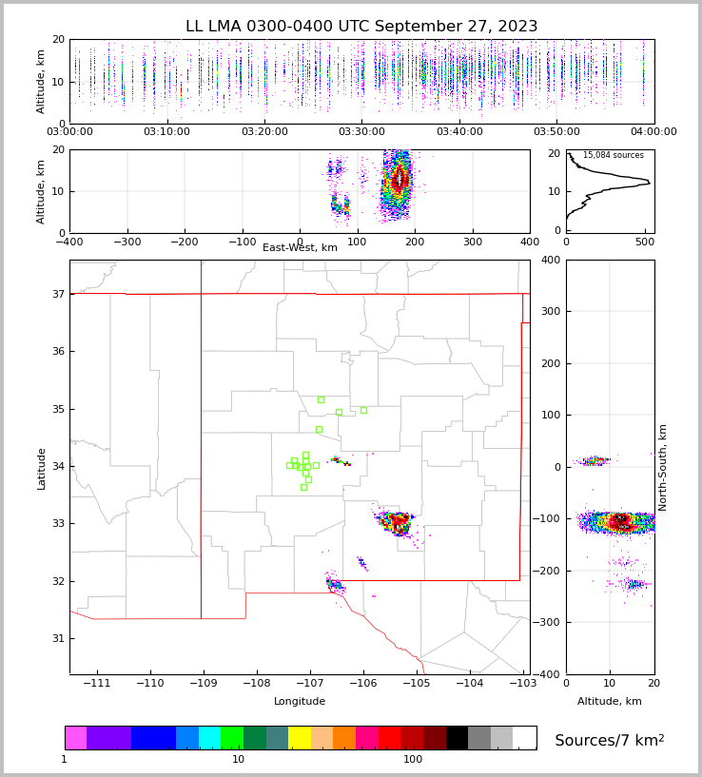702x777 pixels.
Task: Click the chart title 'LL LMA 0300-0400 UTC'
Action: point(361,27)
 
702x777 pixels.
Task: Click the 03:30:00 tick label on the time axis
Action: point(362,132)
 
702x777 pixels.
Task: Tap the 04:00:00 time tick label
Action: point(653,132)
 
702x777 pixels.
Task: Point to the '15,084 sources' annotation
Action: point(613,155)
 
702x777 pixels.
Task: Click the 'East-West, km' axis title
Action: point(300,248)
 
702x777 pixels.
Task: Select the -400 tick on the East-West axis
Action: point(69,242)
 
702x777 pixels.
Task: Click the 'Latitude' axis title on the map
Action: point(41,468)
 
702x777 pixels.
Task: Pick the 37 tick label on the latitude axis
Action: point(57,295)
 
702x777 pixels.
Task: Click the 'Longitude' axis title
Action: point(300,702)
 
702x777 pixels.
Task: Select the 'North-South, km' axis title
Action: point(663,467)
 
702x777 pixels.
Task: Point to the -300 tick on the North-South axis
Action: point(549,623)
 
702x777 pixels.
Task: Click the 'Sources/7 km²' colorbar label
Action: point(609,740)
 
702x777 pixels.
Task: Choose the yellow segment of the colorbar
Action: point(300,738)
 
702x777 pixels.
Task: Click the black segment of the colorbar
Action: point(457,738)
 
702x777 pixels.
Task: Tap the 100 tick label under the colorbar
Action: point(413,760)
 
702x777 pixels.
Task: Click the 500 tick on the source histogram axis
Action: point(645,242)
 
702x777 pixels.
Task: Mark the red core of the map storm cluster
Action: point(399,521)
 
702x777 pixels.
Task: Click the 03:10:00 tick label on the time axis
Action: point(167,132)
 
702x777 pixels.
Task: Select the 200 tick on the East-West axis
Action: point(415,242)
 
